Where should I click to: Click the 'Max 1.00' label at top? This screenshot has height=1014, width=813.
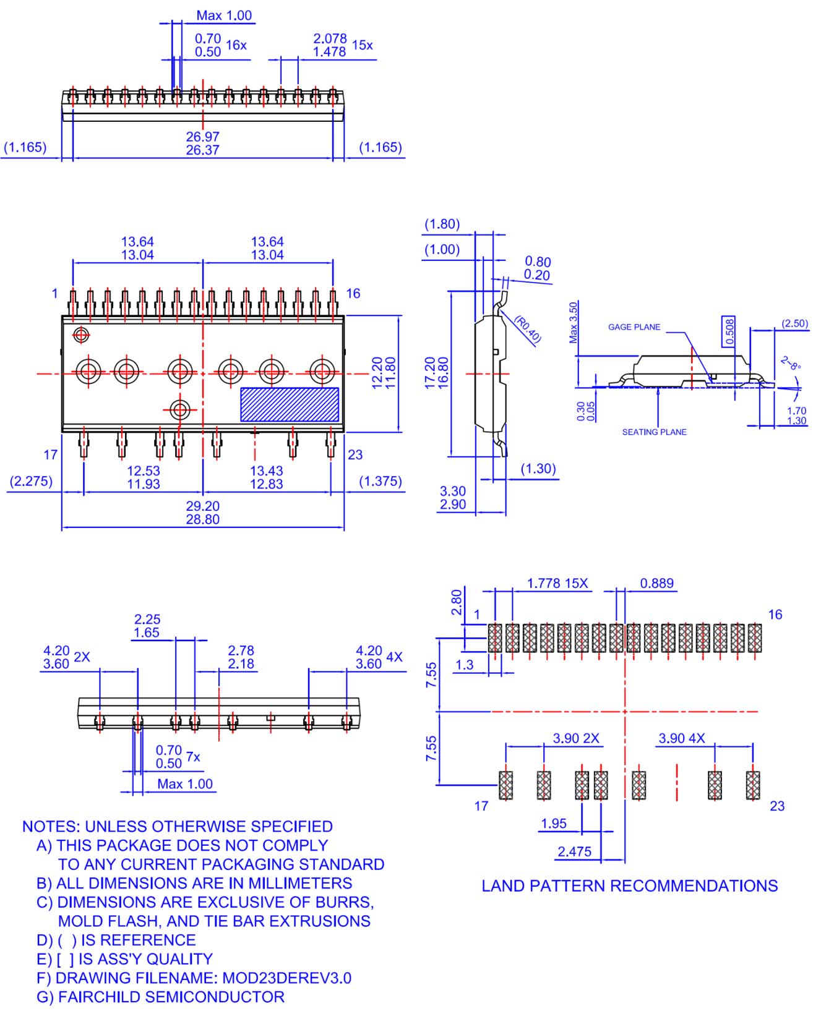224,15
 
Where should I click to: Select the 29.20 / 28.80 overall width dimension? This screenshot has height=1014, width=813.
202,513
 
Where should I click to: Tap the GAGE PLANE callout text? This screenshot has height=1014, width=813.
634,327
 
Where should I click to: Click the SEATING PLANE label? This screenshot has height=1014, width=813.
654,432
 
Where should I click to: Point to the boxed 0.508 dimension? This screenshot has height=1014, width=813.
729,331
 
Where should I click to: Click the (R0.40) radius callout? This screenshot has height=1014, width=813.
528,330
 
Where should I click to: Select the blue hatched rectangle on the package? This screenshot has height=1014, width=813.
289,404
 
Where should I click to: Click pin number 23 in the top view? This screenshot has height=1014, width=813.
355,455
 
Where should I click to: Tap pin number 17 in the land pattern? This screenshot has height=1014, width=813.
481,806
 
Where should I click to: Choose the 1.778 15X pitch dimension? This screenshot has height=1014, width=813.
557,583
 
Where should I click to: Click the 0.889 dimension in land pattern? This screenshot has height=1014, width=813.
656,583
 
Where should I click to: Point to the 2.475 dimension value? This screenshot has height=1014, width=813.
574,851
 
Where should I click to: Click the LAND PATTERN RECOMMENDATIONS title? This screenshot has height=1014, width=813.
629,886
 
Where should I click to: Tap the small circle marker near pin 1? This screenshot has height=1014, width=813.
80,335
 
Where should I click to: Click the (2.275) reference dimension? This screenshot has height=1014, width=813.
30,481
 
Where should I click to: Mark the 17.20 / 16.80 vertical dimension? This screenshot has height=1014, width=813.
437,373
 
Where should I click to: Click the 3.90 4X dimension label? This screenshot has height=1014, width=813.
681,738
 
